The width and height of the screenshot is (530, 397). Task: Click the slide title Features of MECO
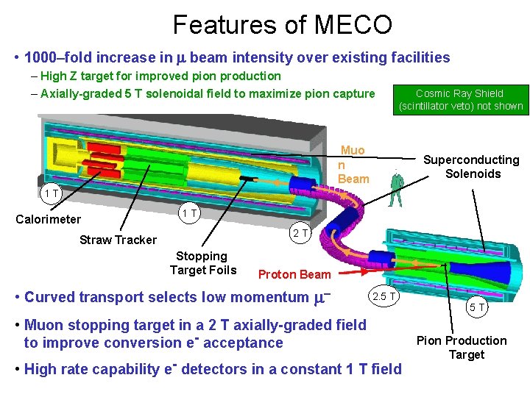coord(282,25)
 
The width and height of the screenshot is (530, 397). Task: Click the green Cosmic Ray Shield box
coord(461,99)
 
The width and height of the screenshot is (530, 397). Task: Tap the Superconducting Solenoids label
coord(471,167)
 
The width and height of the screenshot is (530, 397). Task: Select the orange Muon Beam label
coord(353,165)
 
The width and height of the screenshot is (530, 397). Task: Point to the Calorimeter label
coord(49,219)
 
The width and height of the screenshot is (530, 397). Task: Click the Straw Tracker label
coord(118,240)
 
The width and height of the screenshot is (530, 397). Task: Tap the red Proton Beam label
coord(294,275)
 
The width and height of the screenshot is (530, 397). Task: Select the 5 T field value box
coord(476,308)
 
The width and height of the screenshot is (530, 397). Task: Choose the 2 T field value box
coord(300,234)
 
